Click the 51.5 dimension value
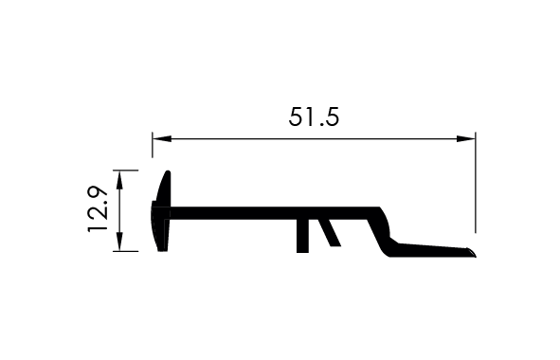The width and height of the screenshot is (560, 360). click(314, 117)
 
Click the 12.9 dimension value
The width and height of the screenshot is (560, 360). click(98, 209)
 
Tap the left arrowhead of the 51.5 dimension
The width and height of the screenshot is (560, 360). click(162, 138)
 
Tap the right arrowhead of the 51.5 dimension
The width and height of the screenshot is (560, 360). click(465, 138)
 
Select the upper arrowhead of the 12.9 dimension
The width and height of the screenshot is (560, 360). click(119, 180)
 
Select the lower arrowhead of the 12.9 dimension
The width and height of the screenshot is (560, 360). click(119, 242)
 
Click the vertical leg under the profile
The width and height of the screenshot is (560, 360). click(302, 236)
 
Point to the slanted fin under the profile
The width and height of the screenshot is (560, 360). click(330, 232)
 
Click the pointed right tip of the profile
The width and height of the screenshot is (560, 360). click(476, 256)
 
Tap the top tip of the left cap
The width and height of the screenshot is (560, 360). click(168, 172)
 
